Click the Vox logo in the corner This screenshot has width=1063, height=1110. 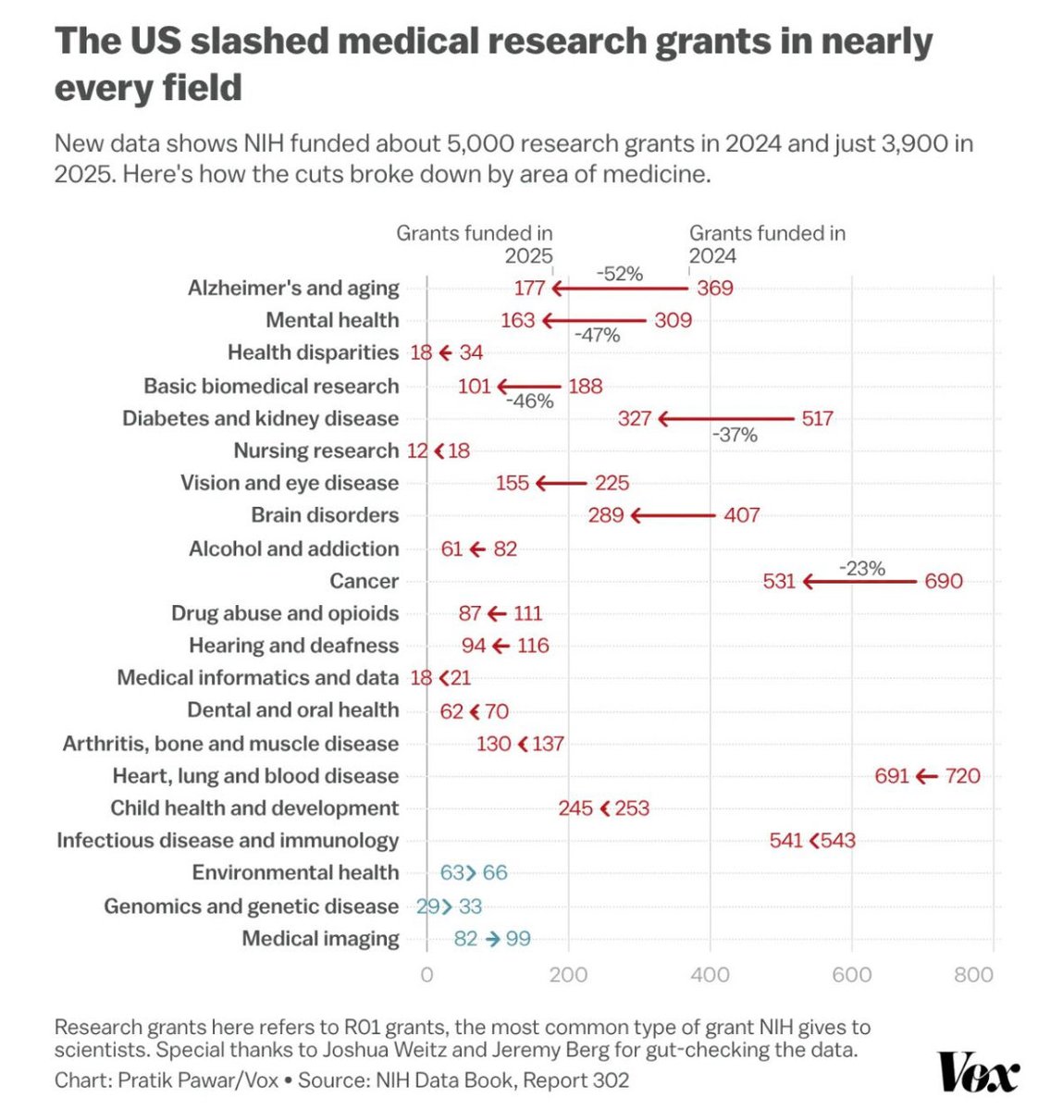pyautogui.click(x=979, y=1073)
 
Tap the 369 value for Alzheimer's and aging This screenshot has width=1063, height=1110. pyautogui.click(x=714, y=289)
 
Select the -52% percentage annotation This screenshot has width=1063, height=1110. pyautogui.click(x=619, y=273)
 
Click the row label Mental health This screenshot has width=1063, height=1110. pyautogui.click(x=332, y=320)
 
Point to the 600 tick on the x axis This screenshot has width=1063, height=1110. pyautogui.click(x=851, y=974)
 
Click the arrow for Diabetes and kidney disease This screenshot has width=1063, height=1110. pyautogui.click(x=725, y=419)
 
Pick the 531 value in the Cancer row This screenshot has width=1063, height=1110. pyautogui.click(x=779, y=581)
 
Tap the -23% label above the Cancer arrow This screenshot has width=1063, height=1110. pyautogui.click(x=861, y=568)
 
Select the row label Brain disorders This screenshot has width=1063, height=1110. pyautogui.click(x=325, y=515)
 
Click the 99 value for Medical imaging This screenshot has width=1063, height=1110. pyautogui.click(x=518, y=939)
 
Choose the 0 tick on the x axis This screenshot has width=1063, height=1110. pyautogui.click(x=426, y=974)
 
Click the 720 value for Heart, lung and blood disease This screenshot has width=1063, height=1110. pyautogui.click(x=962, y=776)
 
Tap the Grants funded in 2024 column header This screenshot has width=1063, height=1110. pyautogui.click(x=767, y=244)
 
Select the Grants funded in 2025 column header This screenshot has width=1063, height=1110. pyautogui.click(x=475, y=244)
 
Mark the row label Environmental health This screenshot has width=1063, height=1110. pyautogui.click(x=295, y=872)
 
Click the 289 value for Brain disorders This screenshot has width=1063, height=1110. pyautogui.click(x=606, y=515)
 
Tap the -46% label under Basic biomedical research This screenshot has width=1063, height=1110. pyautogui.click(x=529, y=401)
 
